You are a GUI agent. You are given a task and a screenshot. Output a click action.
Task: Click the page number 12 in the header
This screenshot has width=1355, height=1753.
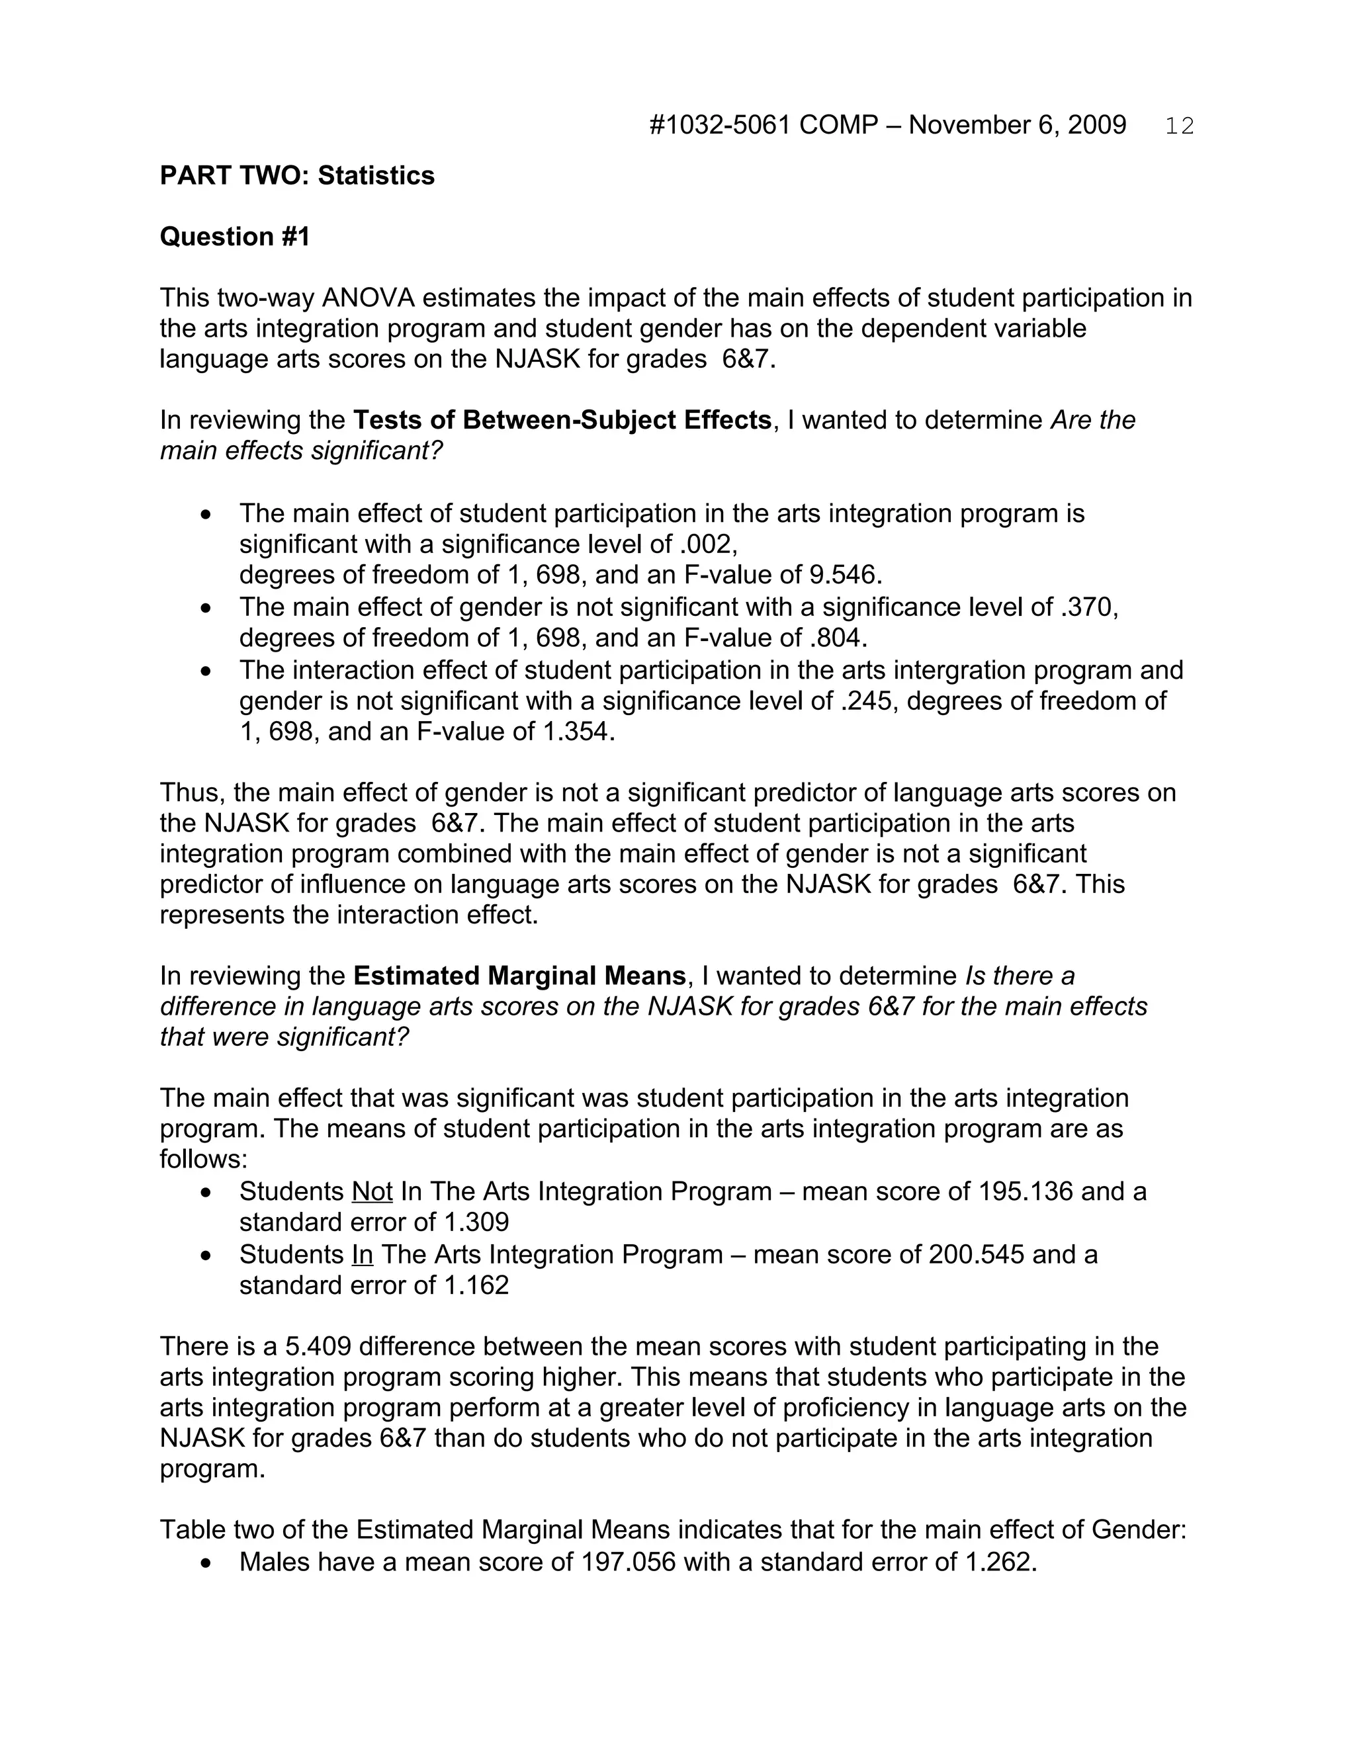tap(1179, 126)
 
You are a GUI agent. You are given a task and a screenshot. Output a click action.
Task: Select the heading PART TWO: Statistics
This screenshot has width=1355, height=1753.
tap(297, 176)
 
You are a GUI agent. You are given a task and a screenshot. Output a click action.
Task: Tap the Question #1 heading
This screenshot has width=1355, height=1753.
tap(234, 237)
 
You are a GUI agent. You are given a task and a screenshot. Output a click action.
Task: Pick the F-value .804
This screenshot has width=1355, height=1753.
tap(838, 638)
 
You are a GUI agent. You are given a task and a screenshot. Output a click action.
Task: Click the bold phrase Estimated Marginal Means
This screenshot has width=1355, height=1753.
tap(519, 976)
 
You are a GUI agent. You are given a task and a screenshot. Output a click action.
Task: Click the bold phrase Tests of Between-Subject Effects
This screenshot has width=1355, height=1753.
tap(562, 421)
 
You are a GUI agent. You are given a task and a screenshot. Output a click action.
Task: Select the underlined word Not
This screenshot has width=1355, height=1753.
tap(372, 1192)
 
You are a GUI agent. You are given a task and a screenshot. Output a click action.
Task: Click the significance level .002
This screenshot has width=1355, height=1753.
tap(707, 545)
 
